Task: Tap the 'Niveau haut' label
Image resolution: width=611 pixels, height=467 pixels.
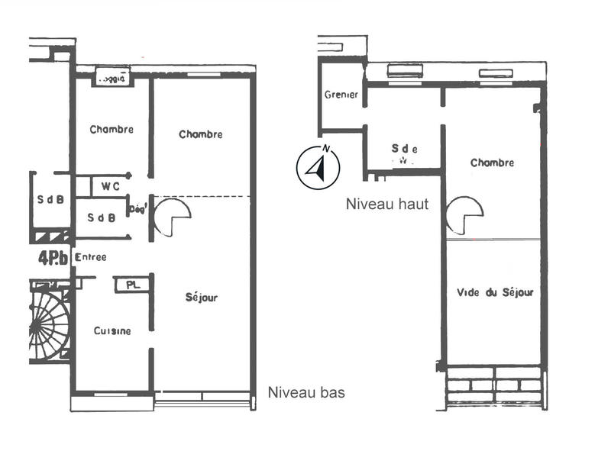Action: tap(386, 205)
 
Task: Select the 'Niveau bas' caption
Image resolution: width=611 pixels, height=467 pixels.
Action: tap(306, 393)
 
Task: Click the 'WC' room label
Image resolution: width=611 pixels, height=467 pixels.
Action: tap(110, 185)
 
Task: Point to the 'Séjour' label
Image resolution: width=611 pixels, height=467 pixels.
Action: tap(202, 298)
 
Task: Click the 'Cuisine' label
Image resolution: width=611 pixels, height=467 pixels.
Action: tap(112, 331)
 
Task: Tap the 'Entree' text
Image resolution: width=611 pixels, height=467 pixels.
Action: tap(91, 258)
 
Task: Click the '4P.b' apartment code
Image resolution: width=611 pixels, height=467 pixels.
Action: tap(53, 257)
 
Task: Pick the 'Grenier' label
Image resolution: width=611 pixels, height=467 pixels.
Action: tap(341, 95)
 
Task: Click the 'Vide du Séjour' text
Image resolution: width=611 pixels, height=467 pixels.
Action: tap(494, 292)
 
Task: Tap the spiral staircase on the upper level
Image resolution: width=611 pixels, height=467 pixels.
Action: tap(464, 216)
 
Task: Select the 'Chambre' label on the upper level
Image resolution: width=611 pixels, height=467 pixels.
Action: tap(492, 163)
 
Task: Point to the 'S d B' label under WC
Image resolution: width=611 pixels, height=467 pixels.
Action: tap(101, 217)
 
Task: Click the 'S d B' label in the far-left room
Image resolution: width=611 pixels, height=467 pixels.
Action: tap(50, 201)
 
